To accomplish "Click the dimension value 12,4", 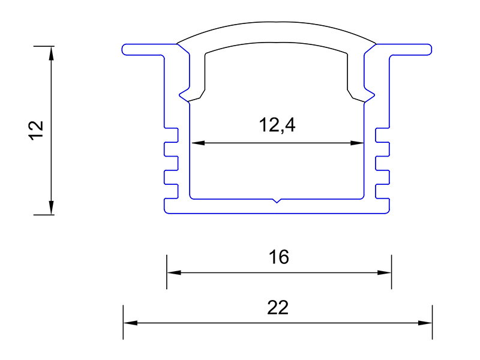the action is click(x=277, y=125).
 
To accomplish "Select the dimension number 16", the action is click(x=278, y=257).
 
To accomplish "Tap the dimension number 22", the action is click(x=278, y=308).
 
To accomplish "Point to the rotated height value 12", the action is click(x=36, y=131).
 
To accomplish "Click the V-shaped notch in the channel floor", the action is click(x=277, y=200).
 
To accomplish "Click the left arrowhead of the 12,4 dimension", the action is click(x=198, y=143).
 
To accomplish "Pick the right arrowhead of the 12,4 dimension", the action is click(x=357, y=143).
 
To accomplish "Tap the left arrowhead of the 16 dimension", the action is click(x=174, y=272).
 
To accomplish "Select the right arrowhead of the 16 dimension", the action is click(x=384, y=272).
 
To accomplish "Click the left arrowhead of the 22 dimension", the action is click(x=130, y=323).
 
